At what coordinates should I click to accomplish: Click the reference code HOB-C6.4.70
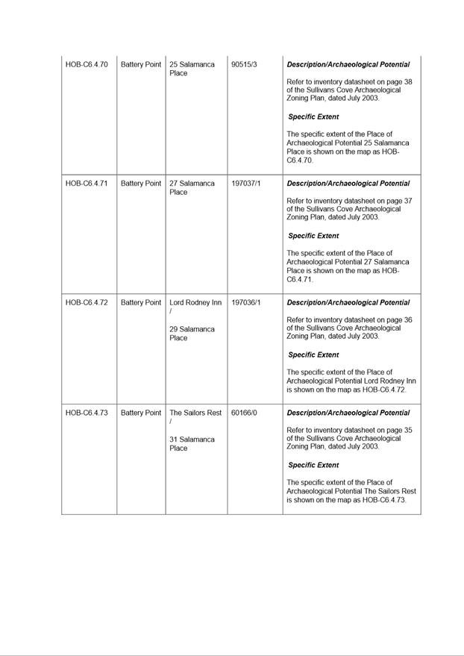click(x=87, y=65)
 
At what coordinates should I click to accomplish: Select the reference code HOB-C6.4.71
click(x=87, y=184)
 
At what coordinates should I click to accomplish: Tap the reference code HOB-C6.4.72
click(x=87, y=303)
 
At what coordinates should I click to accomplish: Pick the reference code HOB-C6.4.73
click(x=87, y=413)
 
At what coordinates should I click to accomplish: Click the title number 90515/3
click(x=244, y=65)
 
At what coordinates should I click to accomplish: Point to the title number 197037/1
click(x=246, y=184)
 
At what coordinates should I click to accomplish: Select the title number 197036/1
click(x=246, y=303)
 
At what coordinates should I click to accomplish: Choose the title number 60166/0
click(x=244, y=413)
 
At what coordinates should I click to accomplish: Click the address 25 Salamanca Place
click(x=192, y=69)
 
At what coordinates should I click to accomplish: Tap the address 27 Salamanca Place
click(x=192, y=187)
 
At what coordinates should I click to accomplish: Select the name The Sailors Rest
click(x=195, y=413)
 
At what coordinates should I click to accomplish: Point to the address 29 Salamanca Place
click(x=192, y=334)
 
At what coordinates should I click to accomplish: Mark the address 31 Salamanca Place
click(x=192, y=444)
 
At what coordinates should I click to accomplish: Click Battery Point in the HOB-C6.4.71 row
click(x=141, y=184)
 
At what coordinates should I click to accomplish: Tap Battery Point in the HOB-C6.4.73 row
click(x=141, y=413)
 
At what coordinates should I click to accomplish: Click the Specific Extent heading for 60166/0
click(x=313, y=465)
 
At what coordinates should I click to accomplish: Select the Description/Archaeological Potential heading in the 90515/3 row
click(x=348, y=65)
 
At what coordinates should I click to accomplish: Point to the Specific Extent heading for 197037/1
click(x=313, y=236)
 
